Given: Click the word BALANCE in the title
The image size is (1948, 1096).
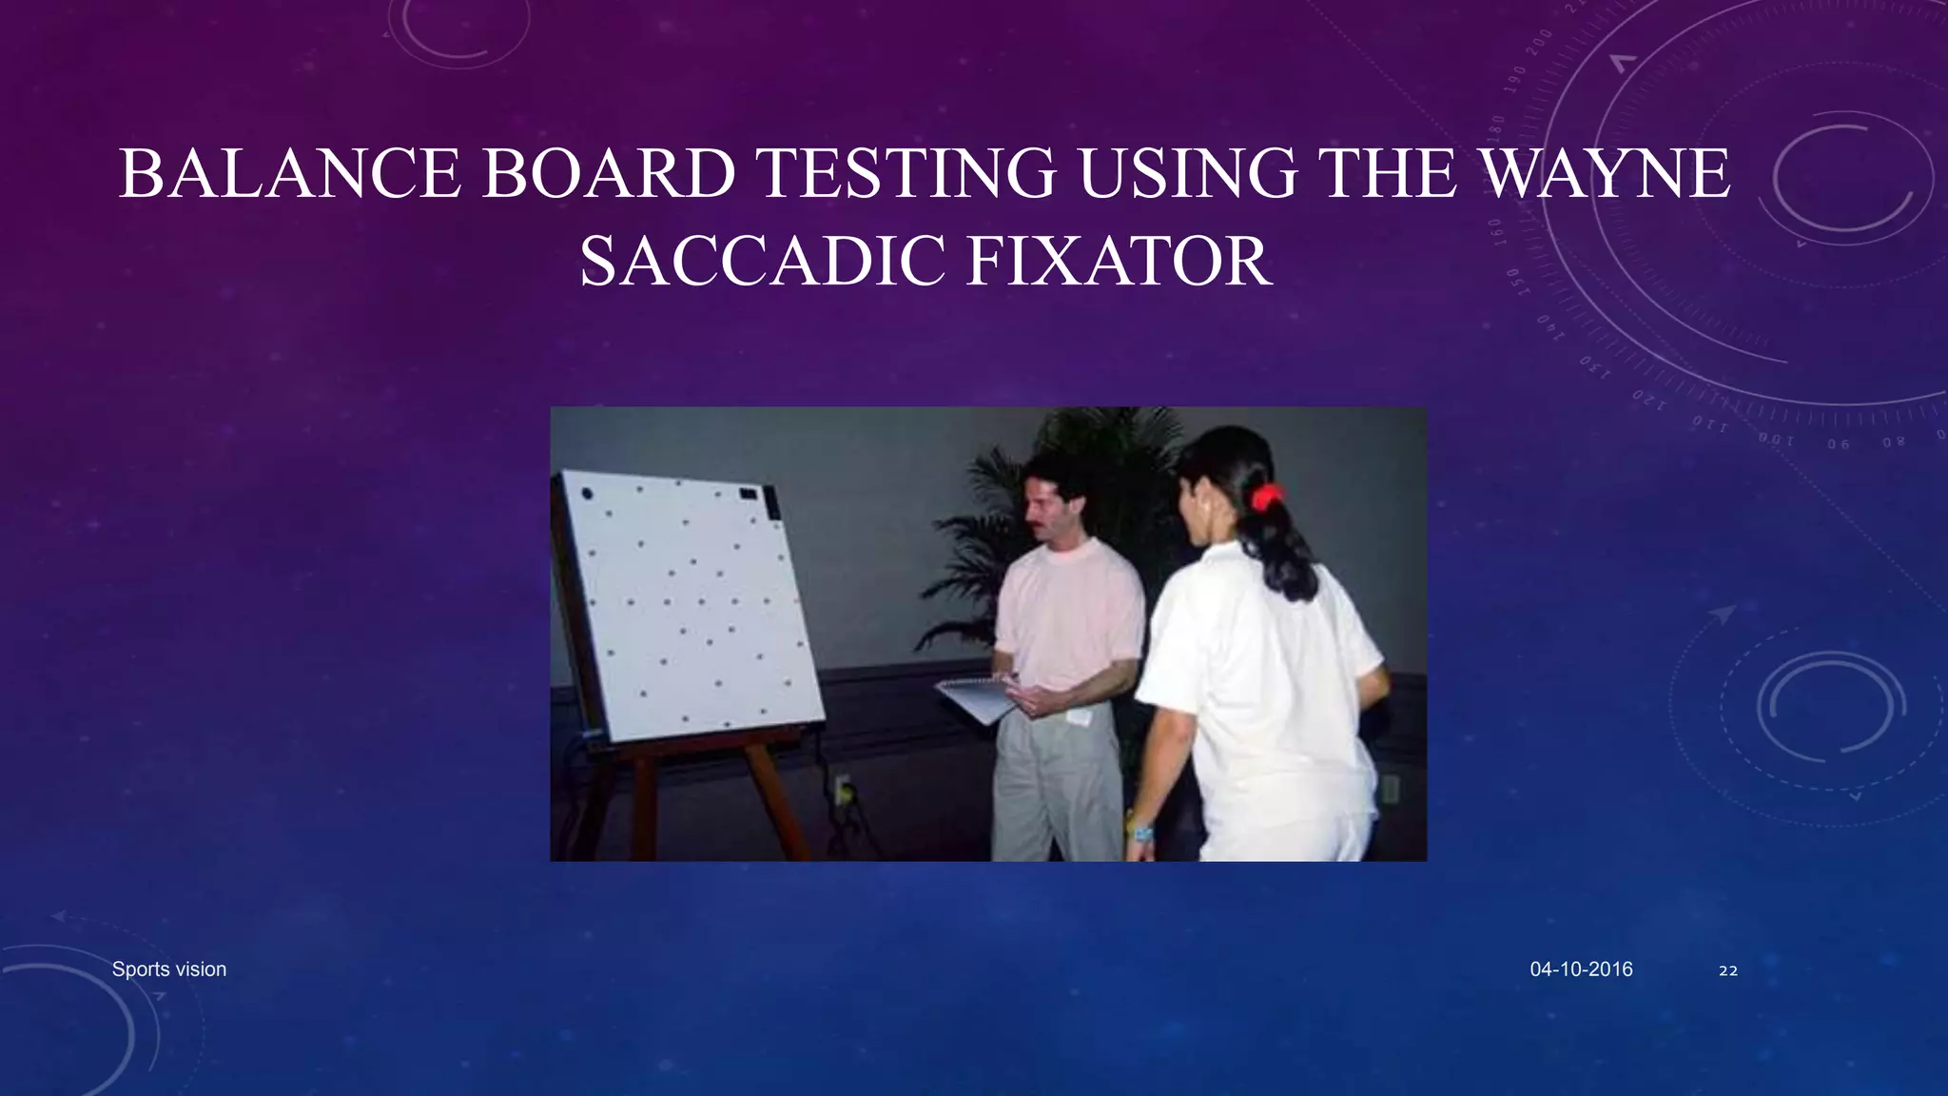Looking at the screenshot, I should [x=290, y=174].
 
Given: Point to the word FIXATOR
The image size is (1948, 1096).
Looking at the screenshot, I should [x=1119, y=262].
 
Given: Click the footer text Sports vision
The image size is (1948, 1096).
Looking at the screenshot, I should [x=169, y=969].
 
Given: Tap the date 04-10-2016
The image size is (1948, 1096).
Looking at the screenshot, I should [x=1581, y=969].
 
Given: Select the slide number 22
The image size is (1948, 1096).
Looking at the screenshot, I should [x=1728, y=970].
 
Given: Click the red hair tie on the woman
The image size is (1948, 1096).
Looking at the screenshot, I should [x=1265, y=497].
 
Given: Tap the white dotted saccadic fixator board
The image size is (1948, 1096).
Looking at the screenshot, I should [x=694, y=609].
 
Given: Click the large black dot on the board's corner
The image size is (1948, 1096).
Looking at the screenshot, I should [x=587, y=494].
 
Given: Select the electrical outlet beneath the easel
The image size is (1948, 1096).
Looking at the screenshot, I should [x=842, y=789].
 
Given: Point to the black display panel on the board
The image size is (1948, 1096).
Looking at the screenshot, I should [x=750, y=494].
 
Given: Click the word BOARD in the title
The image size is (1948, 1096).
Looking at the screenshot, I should [x=609, y=174].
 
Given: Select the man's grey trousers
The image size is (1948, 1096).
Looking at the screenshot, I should [x=1056, y=790].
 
